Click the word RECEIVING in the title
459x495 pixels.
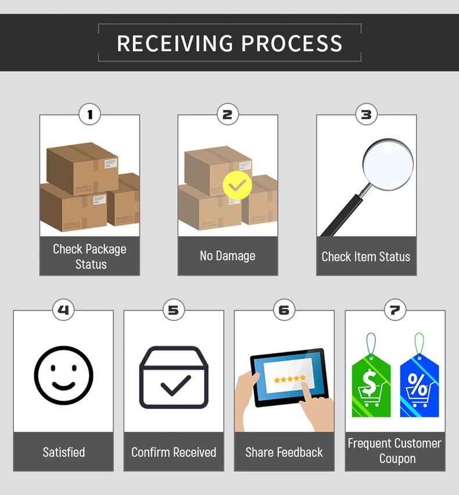click(175, 44)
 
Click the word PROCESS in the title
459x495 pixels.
click(292, 44)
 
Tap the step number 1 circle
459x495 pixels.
click(89, 115)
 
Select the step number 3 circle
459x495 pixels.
click(366, 115)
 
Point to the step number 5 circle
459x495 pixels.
click(173, 310)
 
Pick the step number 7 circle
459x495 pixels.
click(395, 310)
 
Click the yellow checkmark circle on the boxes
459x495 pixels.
click(237, 186)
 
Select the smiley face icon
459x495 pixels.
click(63, 375)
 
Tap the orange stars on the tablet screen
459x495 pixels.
click(289, 379)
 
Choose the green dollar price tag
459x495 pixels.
click(371, 384)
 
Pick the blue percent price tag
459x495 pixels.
click(419, 384)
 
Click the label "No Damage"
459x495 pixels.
click(227, 256)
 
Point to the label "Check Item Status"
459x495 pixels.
click(366, 257)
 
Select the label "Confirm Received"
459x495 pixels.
click(173, 452)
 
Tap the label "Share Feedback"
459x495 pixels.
click(284, 452)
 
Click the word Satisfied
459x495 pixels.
click(63, 452)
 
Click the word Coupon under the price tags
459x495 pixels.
click(397, 459)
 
